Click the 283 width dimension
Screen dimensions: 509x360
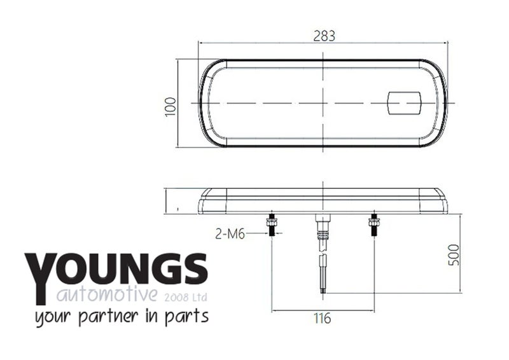tap(324, 36)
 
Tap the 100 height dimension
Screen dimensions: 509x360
tap(171, 106)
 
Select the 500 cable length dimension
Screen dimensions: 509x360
tap(454, 255)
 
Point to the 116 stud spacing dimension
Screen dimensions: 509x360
tap(323, 318)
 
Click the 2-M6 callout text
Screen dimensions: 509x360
tap(230, 233)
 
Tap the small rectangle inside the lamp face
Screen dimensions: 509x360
tap(405, 103)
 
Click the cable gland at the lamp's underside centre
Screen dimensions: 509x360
tap(323, 226)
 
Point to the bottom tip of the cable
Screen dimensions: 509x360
tap(323, 293)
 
